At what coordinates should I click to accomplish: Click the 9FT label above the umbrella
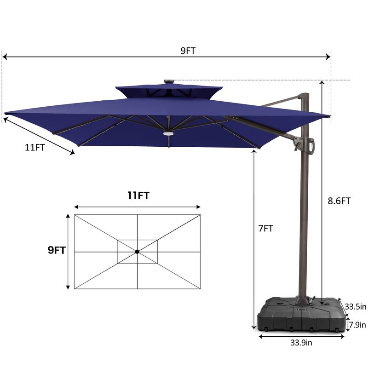tap(188, 51)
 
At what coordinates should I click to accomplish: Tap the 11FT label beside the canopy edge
tap(35, 147)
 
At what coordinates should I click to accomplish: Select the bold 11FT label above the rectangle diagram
tap(138, 195)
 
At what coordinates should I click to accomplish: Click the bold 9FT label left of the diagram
tap(57, 250)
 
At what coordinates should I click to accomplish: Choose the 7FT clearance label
tap(265, 228)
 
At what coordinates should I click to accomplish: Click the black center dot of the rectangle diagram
tap(137, 252)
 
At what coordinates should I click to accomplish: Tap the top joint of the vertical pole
tap(305, 97)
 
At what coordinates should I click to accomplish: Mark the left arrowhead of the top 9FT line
tap(5, 57)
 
